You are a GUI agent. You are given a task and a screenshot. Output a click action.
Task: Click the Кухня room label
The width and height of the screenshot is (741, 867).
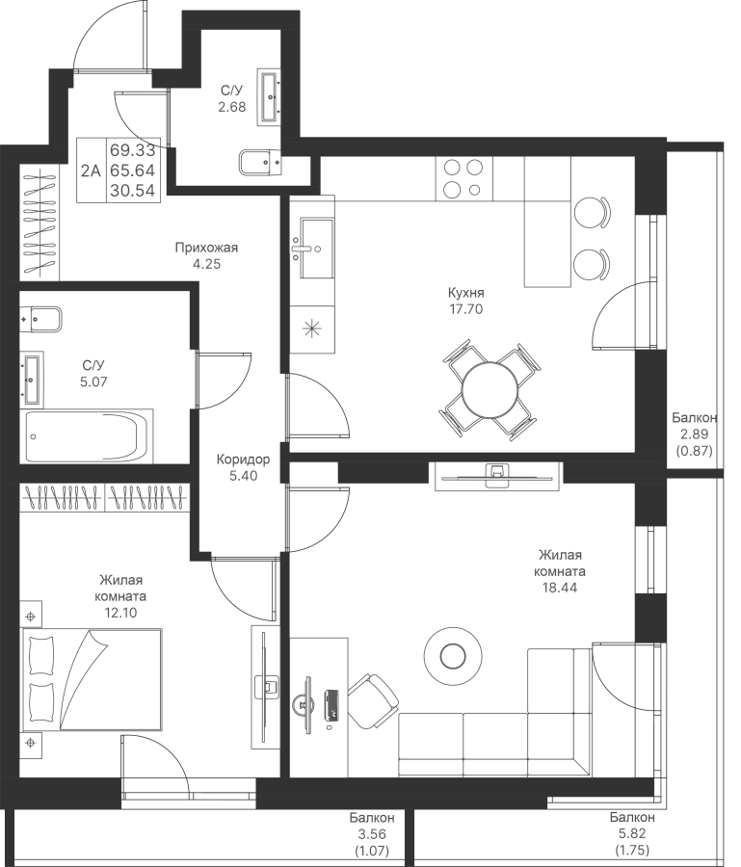[465, 292]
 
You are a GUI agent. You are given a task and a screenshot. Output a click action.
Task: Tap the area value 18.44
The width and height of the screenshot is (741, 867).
[560, 588]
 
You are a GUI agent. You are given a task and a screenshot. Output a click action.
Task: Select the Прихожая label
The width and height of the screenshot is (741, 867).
[206, 248]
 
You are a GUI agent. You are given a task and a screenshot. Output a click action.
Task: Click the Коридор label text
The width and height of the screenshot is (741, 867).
[244, 460]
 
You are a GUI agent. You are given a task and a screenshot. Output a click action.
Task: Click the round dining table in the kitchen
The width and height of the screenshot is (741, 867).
[490, 390]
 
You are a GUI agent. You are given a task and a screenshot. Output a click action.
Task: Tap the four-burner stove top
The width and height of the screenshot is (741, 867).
[463, 178]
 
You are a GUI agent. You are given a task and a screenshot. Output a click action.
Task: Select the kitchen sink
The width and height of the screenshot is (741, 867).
[316, 248]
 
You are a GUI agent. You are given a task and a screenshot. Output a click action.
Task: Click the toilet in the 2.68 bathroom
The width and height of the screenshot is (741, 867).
[260, 162]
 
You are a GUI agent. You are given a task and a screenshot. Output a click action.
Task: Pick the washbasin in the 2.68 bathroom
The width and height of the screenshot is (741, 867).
[270, 97]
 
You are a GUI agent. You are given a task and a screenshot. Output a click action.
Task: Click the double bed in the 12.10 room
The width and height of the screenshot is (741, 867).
[92, 679]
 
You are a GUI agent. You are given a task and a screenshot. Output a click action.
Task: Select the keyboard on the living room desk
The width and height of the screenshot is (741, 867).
[332, 704]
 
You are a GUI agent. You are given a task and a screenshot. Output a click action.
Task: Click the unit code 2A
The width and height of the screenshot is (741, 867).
[91, 171]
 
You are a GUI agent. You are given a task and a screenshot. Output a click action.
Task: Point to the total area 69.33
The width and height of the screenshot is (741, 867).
[133, 150]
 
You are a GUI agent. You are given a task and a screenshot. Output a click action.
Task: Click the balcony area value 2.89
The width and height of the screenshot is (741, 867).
[695, 434]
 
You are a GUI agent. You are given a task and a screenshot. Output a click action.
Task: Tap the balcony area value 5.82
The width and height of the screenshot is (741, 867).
[632, 833]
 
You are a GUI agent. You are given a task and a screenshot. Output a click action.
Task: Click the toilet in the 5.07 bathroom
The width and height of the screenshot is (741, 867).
[40, 319]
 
